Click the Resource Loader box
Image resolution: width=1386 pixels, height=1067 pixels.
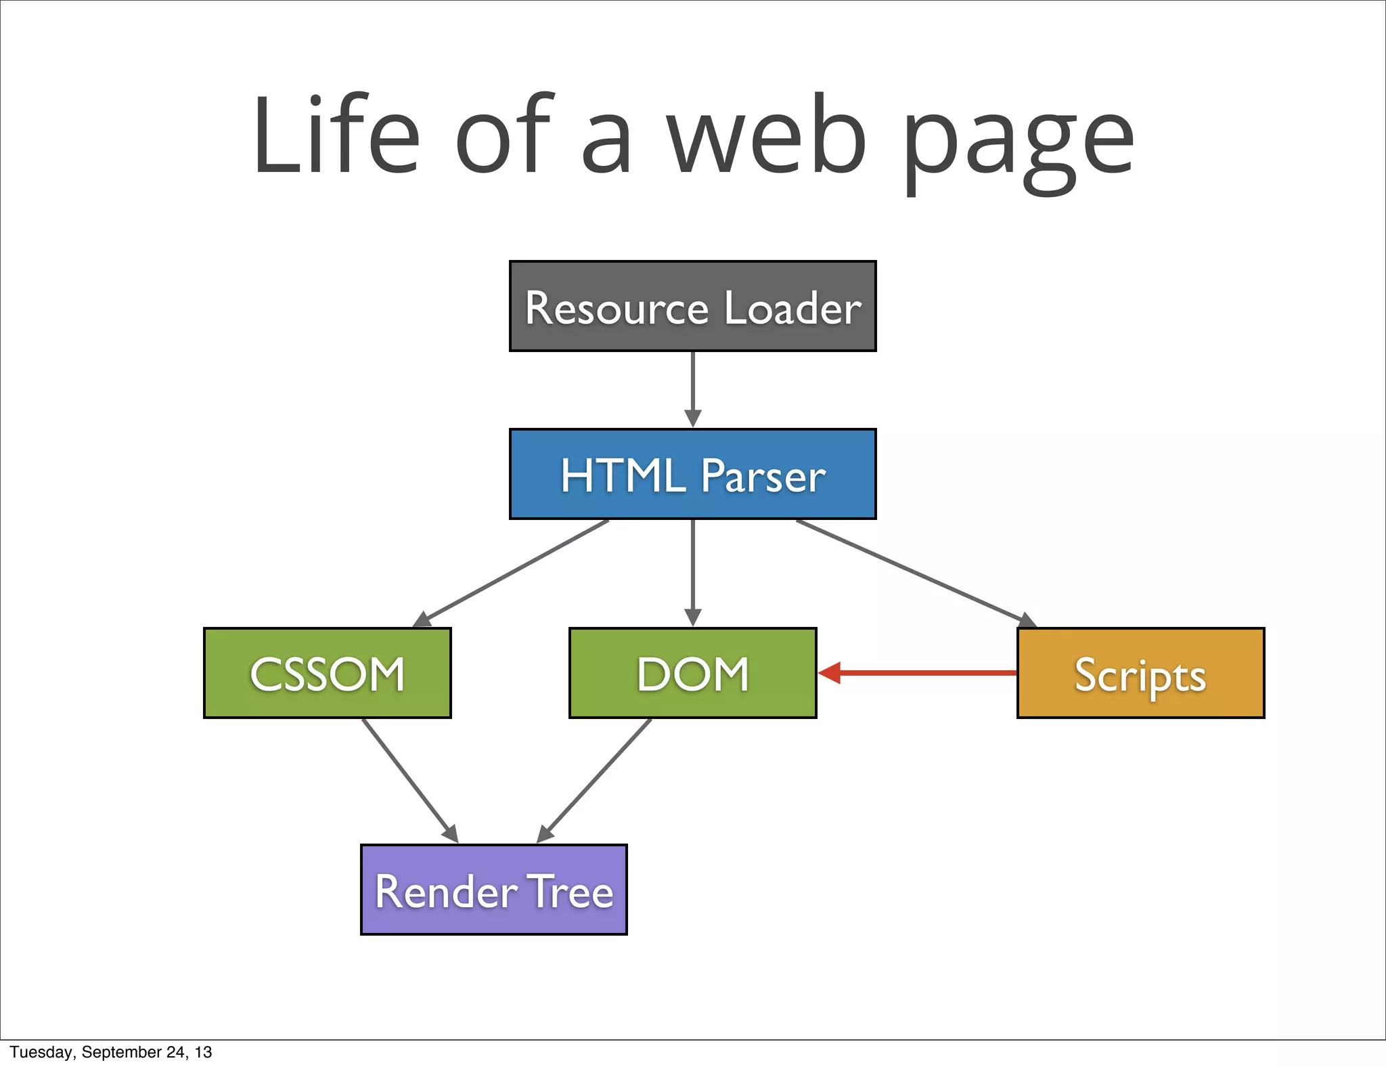(x=692, y=306)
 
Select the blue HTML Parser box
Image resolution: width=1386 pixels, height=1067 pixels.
(x=692, y=474)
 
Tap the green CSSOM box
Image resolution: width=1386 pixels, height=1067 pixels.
(x=328, y=673)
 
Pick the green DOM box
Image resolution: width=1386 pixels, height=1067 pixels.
(x=692, y=673)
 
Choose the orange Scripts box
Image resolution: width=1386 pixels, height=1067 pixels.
(x=1140, y=673)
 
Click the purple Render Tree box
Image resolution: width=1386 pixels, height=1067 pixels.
(x=494, y=890)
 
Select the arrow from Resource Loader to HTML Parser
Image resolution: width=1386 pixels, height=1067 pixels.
(x=692, y=389)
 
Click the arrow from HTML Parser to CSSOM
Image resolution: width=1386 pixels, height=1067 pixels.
(x=514, y=571)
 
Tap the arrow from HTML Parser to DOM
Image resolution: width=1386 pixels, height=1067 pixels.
(x=692, y=572)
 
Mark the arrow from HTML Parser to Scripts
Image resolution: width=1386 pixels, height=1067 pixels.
(x=914, y=572)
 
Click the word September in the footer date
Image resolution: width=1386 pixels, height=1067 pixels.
(x=121, y=1052)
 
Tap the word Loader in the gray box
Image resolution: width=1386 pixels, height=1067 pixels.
(x=792, y=308)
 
